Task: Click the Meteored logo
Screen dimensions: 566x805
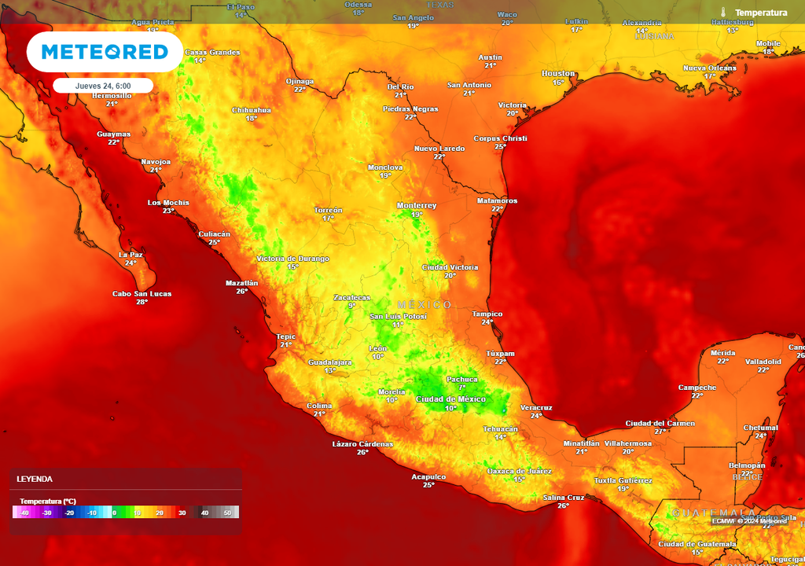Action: point(105,52)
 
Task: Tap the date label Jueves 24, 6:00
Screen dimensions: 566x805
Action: point(103,86)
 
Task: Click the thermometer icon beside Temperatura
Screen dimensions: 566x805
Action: point(723,13)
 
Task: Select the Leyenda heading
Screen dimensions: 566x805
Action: point(35,479)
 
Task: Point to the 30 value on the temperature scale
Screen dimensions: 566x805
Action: point(182,513)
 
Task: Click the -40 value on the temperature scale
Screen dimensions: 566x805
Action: point(24,513)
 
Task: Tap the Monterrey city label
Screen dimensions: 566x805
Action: point(417,205)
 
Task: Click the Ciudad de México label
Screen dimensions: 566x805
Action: point(451,399)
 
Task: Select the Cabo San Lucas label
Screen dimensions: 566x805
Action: point(142,294)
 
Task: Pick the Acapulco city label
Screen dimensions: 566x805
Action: point(428,476)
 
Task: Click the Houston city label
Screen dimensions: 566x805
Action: point(558,73)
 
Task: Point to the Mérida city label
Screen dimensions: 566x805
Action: point(722,353)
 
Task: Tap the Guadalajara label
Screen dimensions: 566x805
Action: point(329,362)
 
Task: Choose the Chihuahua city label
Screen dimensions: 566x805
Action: point(252,110)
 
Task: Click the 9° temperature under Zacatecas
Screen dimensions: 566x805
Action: point(351,306)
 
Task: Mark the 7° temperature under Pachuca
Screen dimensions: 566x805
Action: point(462,388)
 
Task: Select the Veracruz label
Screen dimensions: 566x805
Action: point(536,407)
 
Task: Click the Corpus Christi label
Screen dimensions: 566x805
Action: point(500,138)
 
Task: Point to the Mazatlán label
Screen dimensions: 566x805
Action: point(241,282)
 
